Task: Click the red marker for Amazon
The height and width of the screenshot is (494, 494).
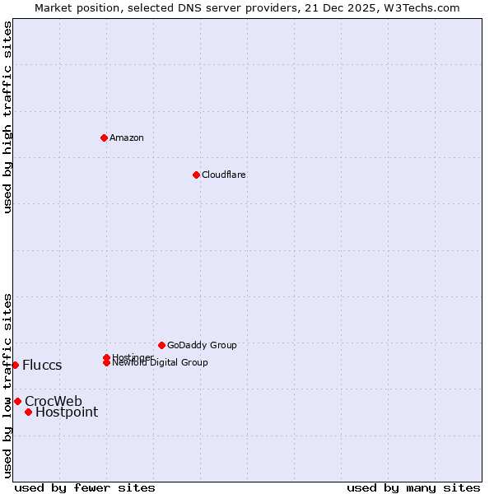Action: pos(104,137)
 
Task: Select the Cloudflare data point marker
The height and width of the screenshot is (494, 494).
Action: pos(196,175)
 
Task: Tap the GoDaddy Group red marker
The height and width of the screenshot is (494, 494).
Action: pos(161,345)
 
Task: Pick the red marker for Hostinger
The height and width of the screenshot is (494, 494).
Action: pos(106,357)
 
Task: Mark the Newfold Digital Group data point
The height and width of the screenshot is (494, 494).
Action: pos(106,362)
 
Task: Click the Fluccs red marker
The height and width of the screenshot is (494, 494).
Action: pos(15,365)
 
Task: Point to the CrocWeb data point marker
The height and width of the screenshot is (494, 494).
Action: pos(17,401)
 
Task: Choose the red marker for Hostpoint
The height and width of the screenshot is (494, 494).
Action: pos(28,412)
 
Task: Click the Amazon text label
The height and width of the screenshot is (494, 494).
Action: pos(127,137)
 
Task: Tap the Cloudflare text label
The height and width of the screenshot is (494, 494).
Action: pos(224,175)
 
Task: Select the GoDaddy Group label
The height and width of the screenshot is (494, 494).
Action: pos(202,345)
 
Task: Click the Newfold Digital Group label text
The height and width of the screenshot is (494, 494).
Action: pos(160,363)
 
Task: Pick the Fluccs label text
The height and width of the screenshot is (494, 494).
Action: pos(42,365)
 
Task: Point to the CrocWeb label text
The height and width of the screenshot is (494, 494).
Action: pos(54,401)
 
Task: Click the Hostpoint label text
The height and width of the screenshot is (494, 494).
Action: pos(67,412)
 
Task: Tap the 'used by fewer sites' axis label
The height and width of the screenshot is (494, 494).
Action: pos(85,487)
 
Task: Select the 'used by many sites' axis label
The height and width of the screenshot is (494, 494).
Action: pos(413,487)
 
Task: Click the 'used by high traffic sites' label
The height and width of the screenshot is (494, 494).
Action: pos(7,117)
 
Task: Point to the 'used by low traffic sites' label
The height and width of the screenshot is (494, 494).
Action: pos(7,384)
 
